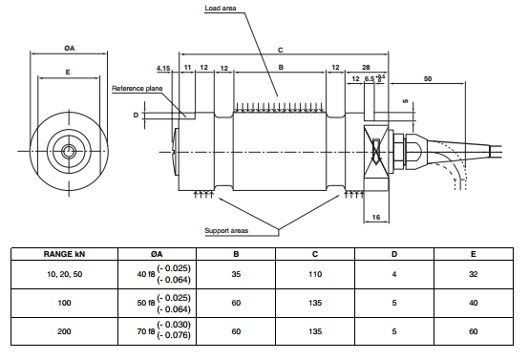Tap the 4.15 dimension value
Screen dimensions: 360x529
click(162, 68)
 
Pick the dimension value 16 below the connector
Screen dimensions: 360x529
click(375, 219)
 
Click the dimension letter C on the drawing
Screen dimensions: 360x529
click(280, 48)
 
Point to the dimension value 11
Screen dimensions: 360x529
click(187, 68)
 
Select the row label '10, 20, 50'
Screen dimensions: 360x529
click(64, 274)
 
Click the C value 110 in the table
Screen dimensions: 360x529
click(314, 274)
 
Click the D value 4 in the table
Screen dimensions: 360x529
click(394, 274)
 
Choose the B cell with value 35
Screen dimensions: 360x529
click(235, 274)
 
